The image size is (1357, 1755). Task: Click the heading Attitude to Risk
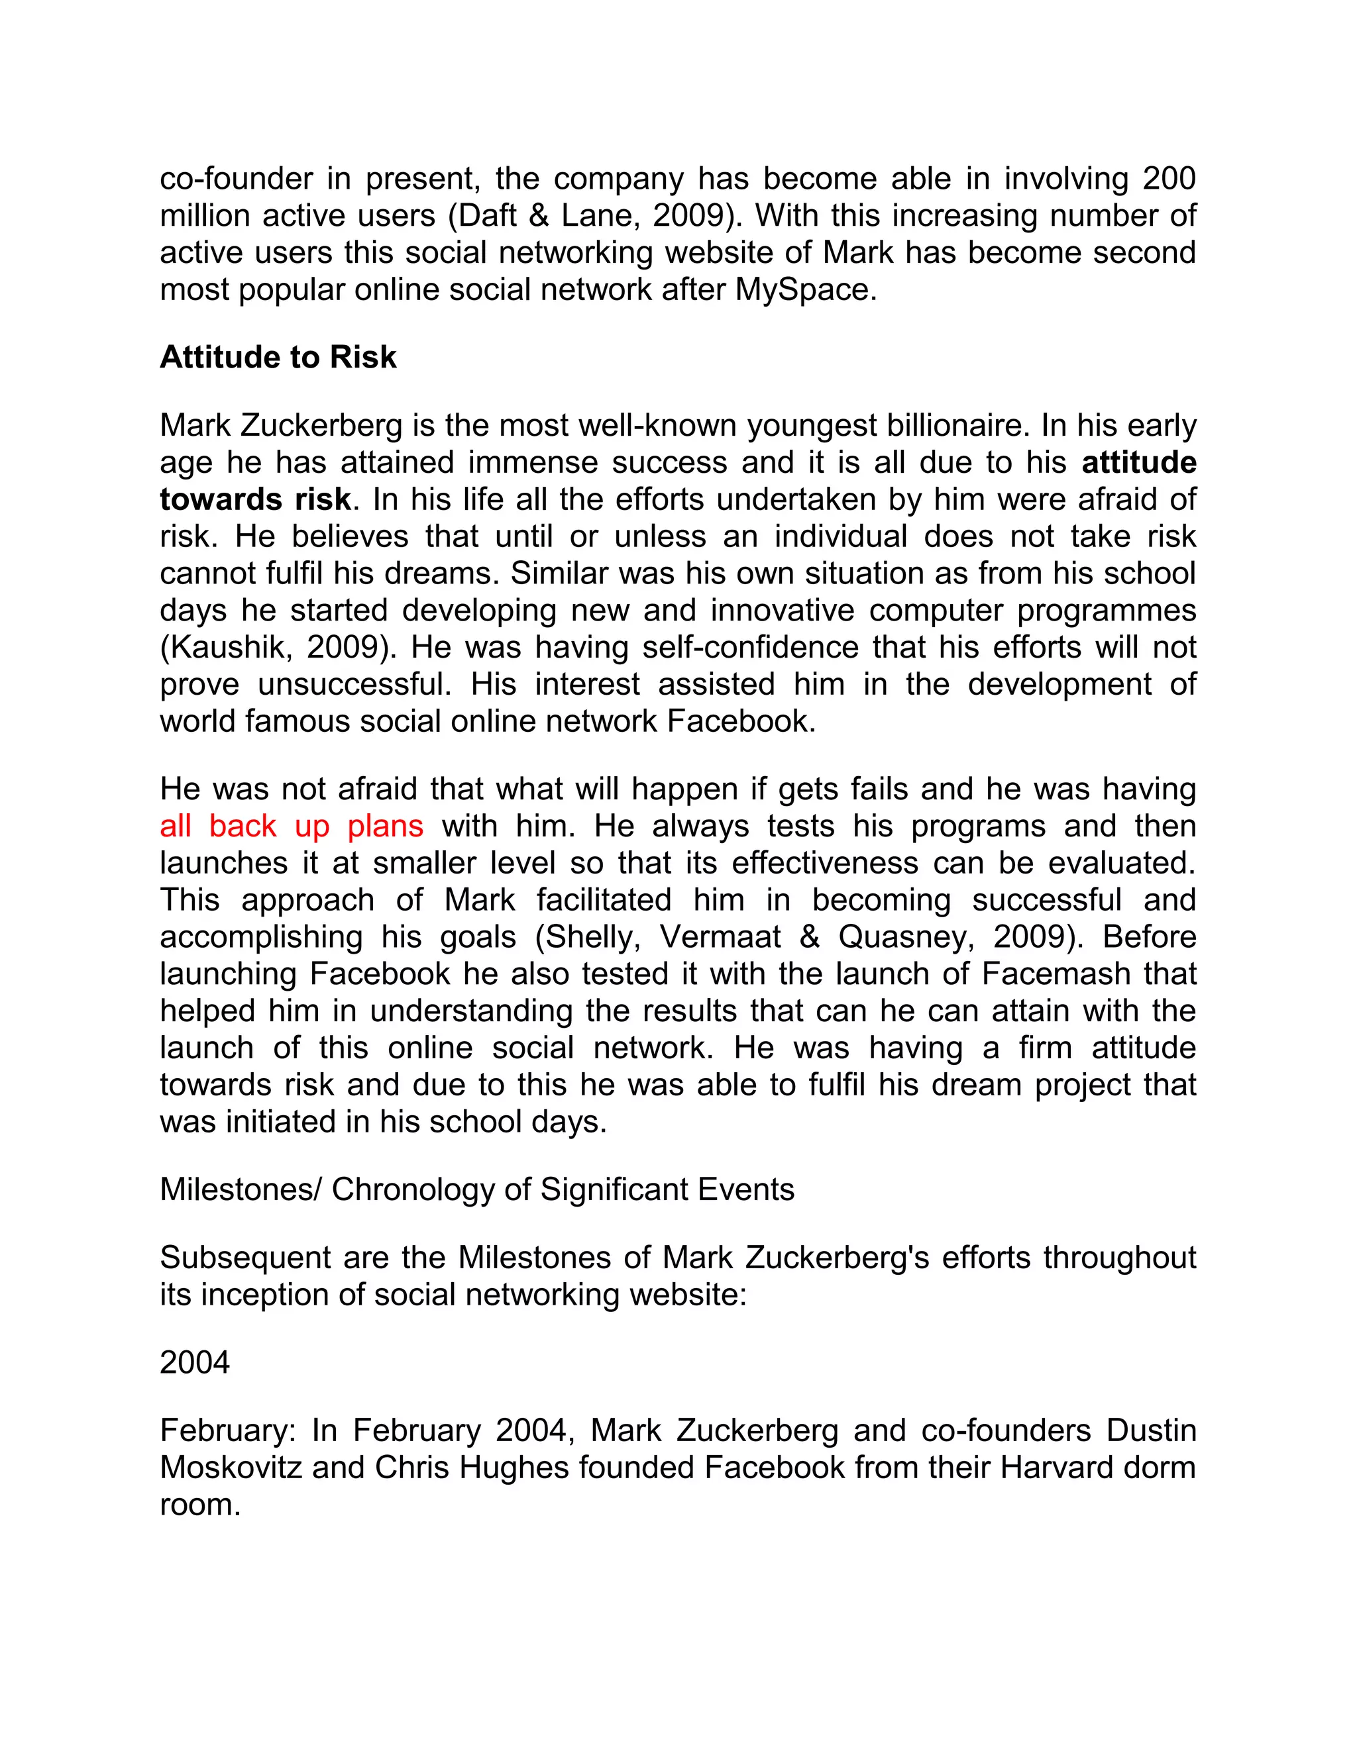tap(278, 358)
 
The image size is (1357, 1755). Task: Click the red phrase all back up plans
tap(291, 826)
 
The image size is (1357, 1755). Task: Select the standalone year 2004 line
tap(195, 1363)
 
